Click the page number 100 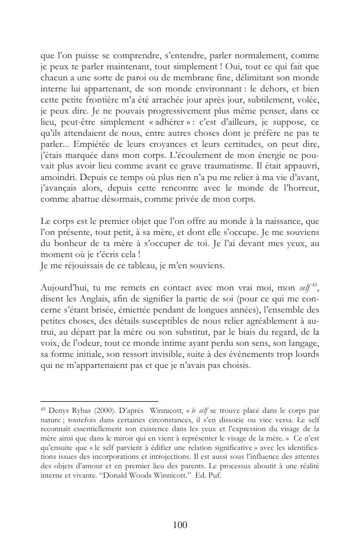[x=179, y=525]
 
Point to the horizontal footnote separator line [x=100, y=400]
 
